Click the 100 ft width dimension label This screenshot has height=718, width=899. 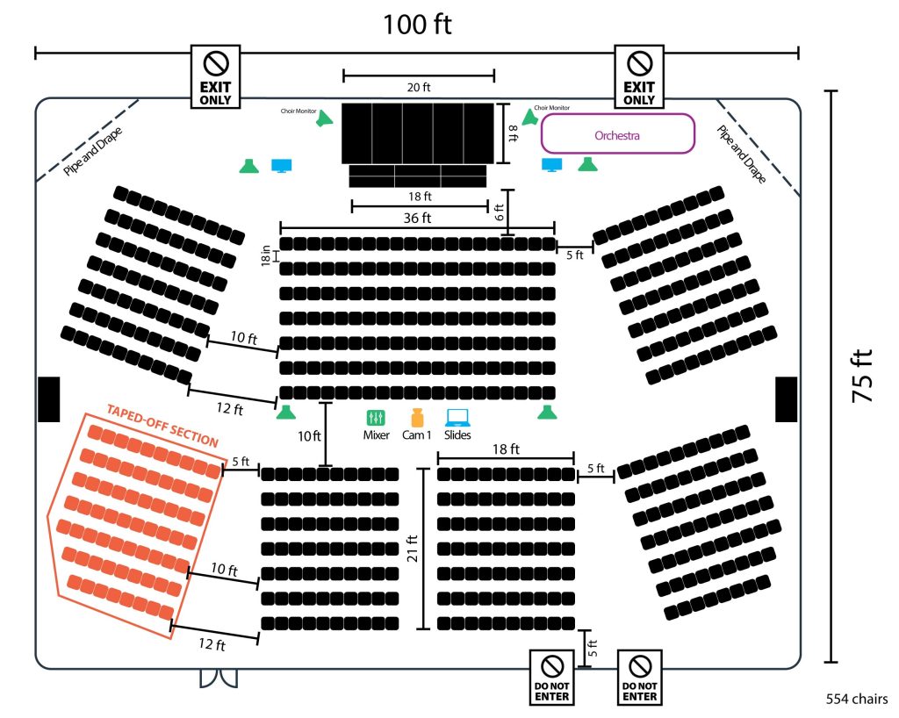[417, 25]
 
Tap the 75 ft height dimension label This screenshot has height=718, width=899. [862, 376]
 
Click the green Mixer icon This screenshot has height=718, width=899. [376, 417]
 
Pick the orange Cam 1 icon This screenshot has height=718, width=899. [417, 417]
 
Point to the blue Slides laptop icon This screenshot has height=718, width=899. [457, 418]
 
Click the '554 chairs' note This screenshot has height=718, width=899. [857, 699]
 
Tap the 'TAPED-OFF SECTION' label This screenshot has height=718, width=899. [162, 425]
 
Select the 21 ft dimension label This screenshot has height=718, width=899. [413, 549]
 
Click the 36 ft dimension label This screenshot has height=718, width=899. [417, 218]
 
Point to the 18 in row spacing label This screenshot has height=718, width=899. [265, 255]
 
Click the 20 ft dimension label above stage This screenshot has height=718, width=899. [419, 87]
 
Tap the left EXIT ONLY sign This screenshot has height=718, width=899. [216, 76]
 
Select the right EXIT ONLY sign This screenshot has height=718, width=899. [639, 76]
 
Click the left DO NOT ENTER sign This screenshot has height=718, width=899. [551, 678]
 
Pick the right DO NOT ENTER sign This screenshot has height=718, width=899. [640, 678]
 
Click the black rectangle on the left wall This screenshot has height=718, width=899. [49, 399]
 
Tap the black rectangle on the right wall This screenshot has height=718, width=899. [786, 399]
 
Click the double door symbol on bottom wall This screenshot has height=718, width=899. [219, 678]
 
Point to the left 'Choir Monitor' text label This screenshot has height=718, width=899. [298, 111]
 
